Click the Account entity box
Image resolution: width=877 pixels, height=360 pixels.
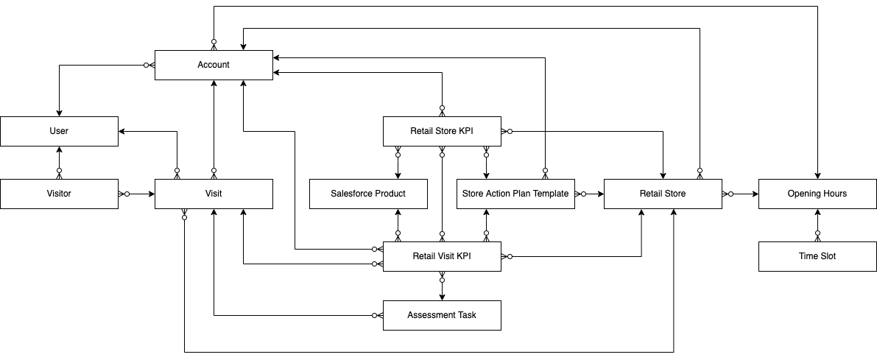coord(213,65)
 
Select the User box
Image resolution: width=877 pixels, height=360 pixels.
coord(59,131)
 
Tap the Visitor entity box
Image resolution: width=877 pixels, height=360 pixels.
coord(59,194)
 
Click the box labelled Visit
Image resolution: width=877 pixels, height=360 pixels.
coord(213,194)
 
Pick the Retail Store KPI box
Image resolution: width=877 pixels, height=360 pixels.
coord(442,131)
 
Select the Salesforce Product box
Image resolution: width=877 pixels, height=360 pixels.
coord(368,194)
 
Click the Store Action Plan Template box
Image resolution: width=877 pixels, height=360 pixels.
coord(515,194)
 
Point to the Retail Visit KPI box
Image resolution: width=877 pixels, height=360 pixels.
coord(442,256)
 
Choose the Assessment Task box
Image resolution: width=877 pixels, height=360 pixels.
coord(442,315)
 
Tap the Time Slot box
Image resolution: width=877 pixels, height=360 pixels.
coord(817,256)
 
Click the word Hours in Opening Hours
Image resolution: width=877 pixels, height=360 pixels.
coord(833,194)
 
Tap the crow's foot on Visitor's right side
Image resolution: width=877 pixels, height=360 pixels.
coord(122,194)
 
